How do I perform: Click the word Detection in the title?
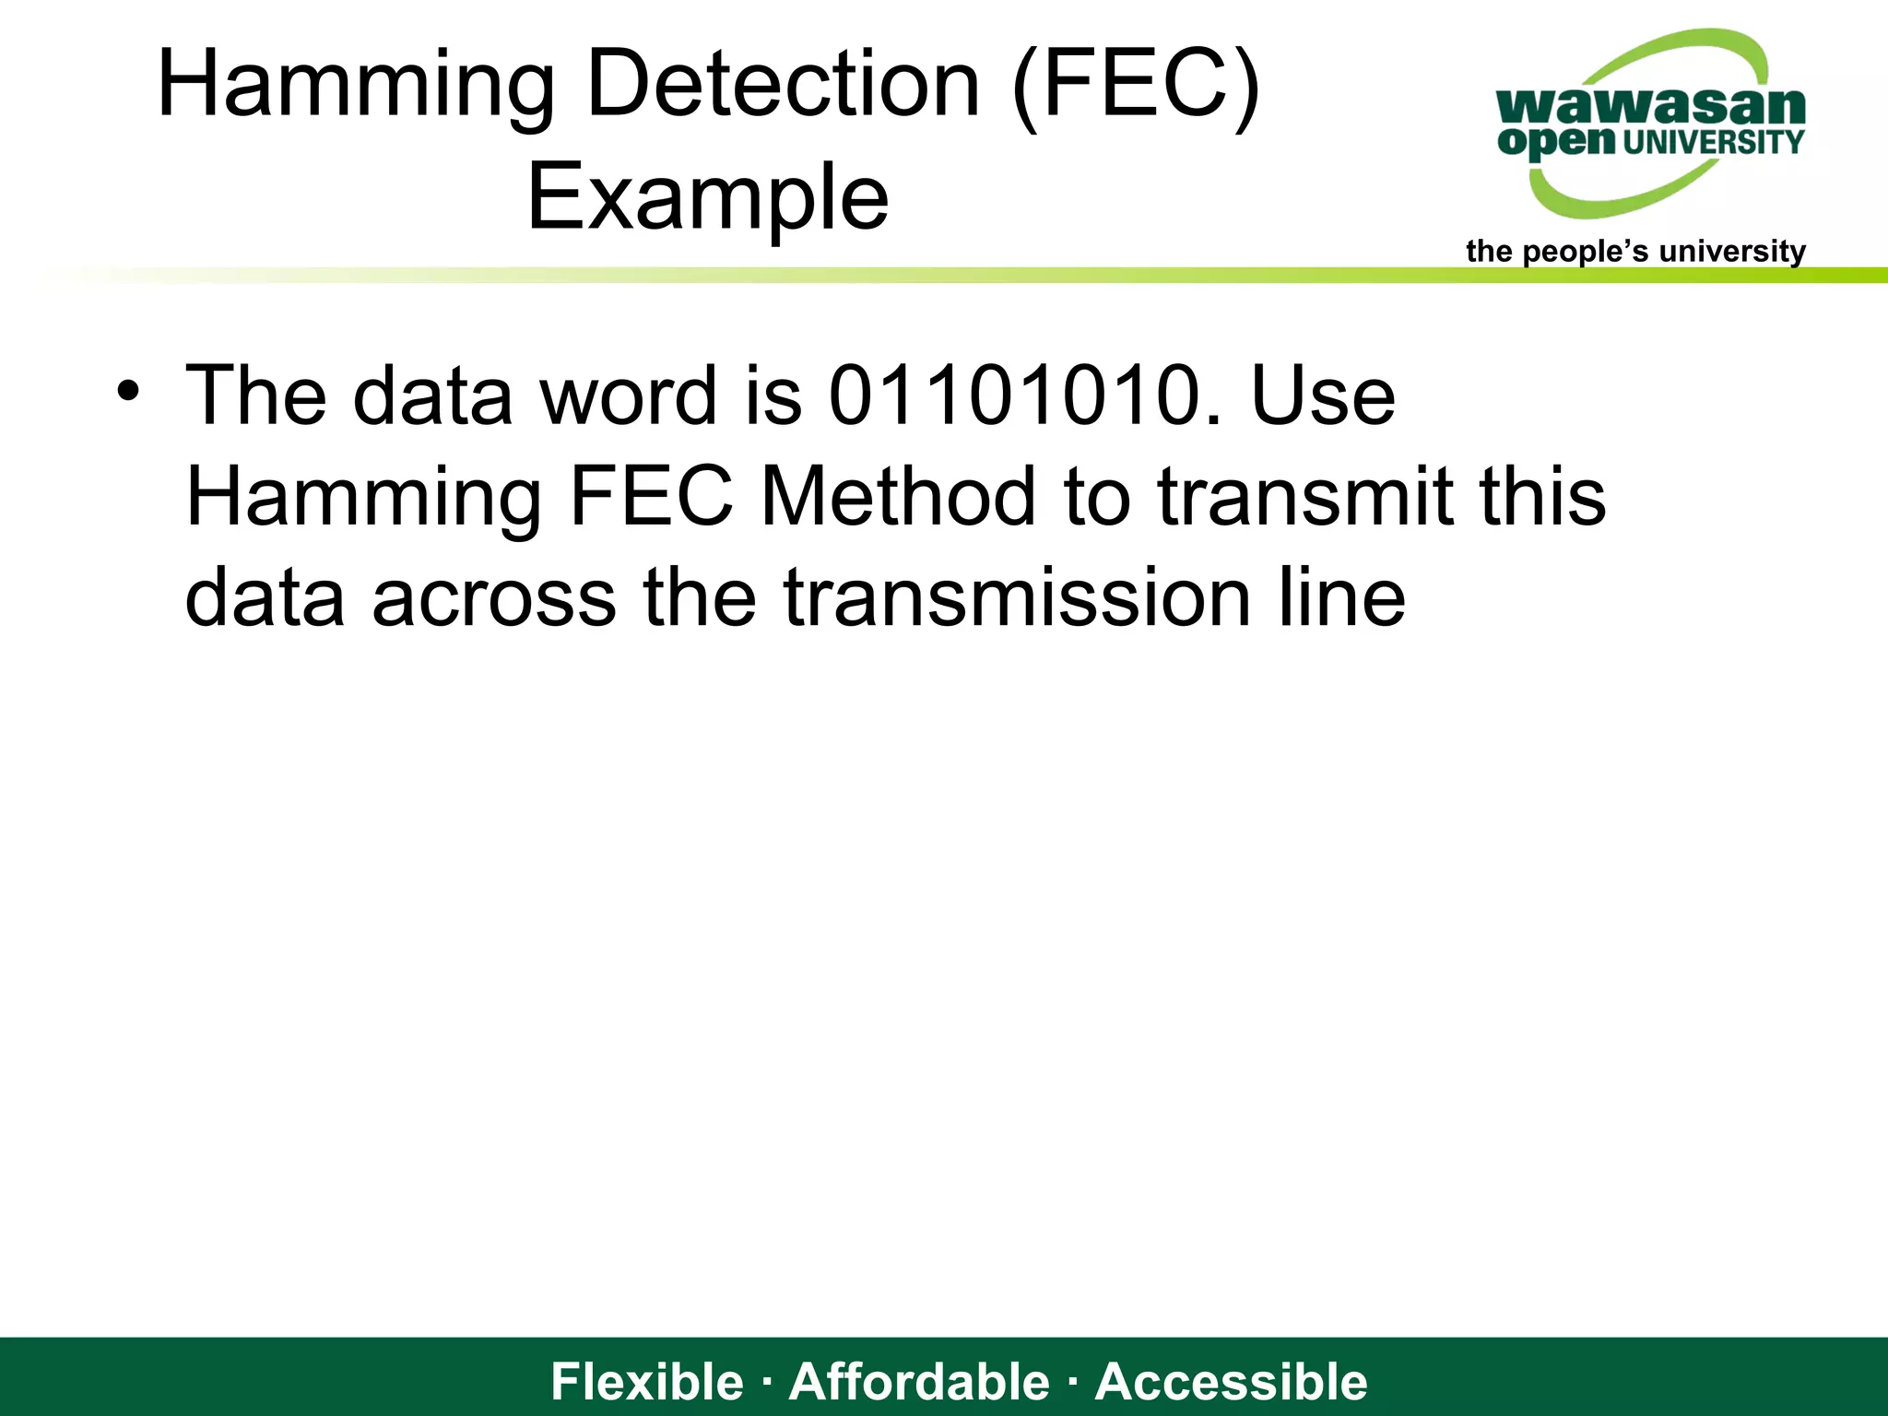tap(783, 85)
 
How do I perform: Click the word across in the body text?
tap(493, 598)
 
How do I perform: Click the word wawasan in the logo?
tap(1650, 107)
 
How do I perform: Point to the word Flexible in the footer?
tap(647, 1382)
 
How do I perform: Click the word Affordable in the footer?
tap(919, 1382)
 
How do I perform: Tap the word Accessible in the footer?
tap(1232, 1382)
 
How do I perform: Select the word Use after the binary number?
tap(1322, 396)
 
